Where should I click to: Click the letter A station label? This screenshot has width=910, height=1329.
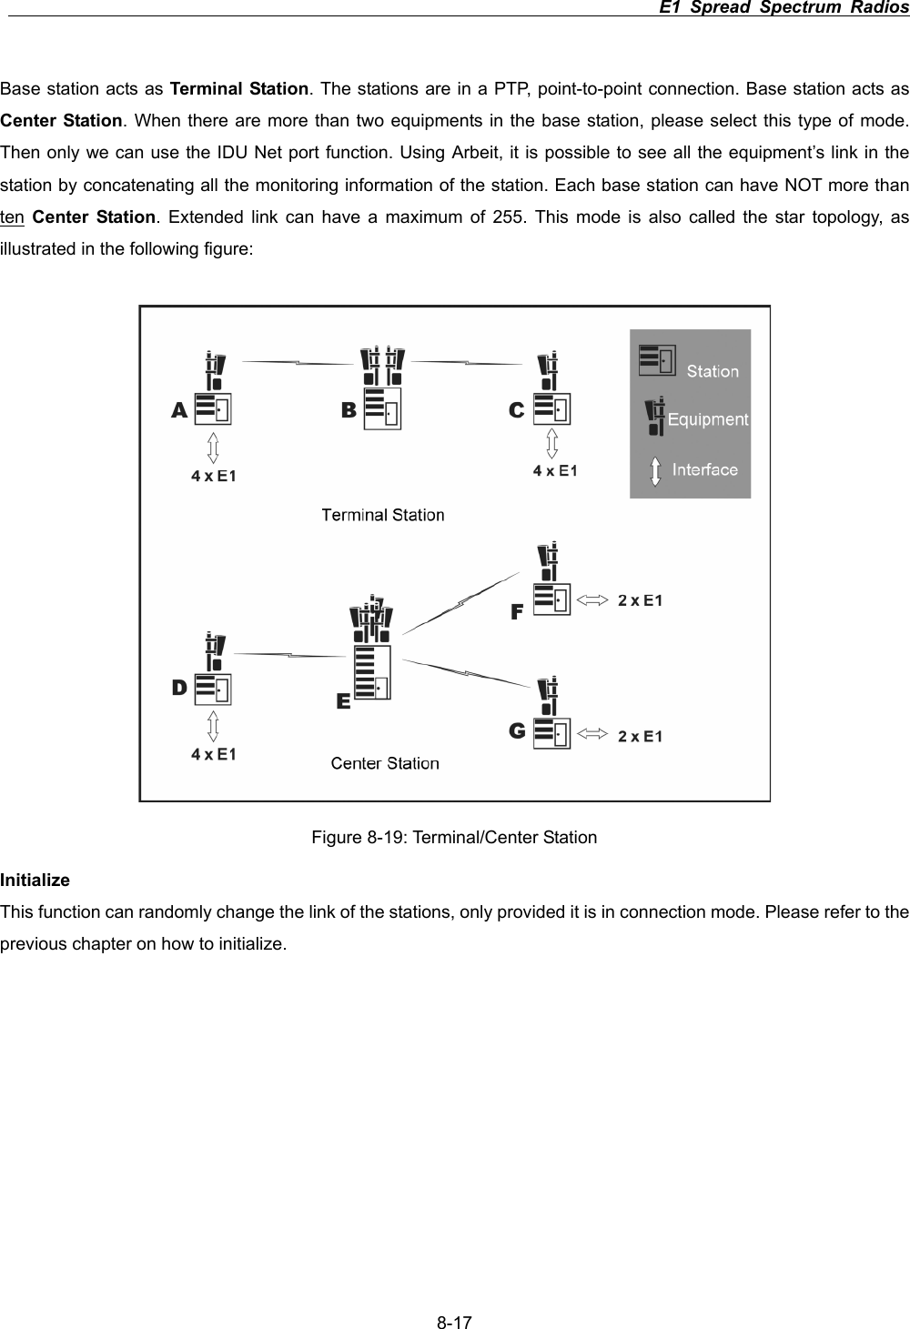click(x=179, y=411)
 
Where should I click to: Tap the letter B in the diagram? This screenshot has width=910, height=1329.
click(x=349, y=411)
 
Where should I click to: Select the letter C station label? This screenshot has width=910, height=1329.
click(x=516, y=411)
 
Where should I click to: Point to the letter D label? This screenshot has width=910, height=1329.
click(x=179, y=688)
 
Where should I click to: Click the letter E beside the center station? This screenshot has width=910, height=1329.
click(x=343, y=701)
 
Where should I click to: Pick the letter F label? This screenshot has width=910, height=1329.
click(x=516, y=612)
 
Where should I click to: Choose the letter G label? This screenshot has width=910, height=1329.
click(x=516, y=730)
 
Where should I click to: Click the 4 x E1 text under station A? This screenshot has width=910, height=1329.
click(x=214, y=475)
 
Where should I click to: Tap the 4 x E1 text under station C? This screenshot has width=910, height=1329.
click(x=555, y=470)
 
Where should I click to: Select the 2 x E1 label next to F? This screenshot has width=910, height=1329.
click(x=641, y=600)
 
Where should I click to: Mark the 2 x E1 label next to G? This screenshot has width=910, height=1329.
click(x=641, y=736)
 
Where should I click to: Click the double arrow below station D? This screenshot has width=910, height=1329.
click(x=213, y=726)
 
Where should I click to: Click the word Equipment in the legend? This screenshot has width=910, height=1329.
click(x=708, y=419)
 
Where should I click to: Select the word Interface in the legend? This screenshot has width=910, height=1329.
click(x=704, y=469)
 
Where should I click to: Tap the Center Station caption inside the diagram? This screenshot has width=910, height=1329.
click(x=384, y=763)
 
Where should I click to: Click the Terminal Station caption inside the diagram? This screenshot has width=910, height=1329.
click(x=383, y=515)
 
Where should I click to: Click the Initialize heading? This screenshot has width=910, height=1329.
click(x=35, y=881)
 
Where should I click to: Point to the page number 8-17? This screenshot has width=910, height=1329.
click(x=454, y=1321)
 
